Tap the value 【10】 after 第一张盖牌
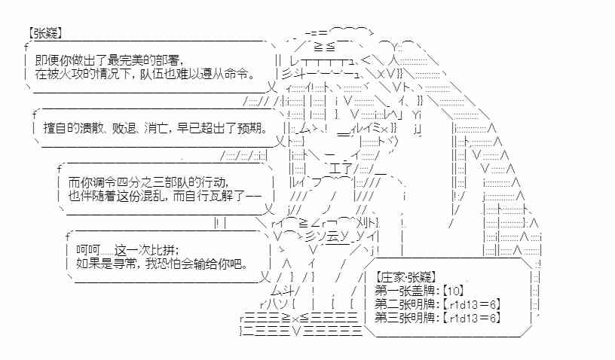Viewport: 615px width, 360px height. (454, 291)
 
